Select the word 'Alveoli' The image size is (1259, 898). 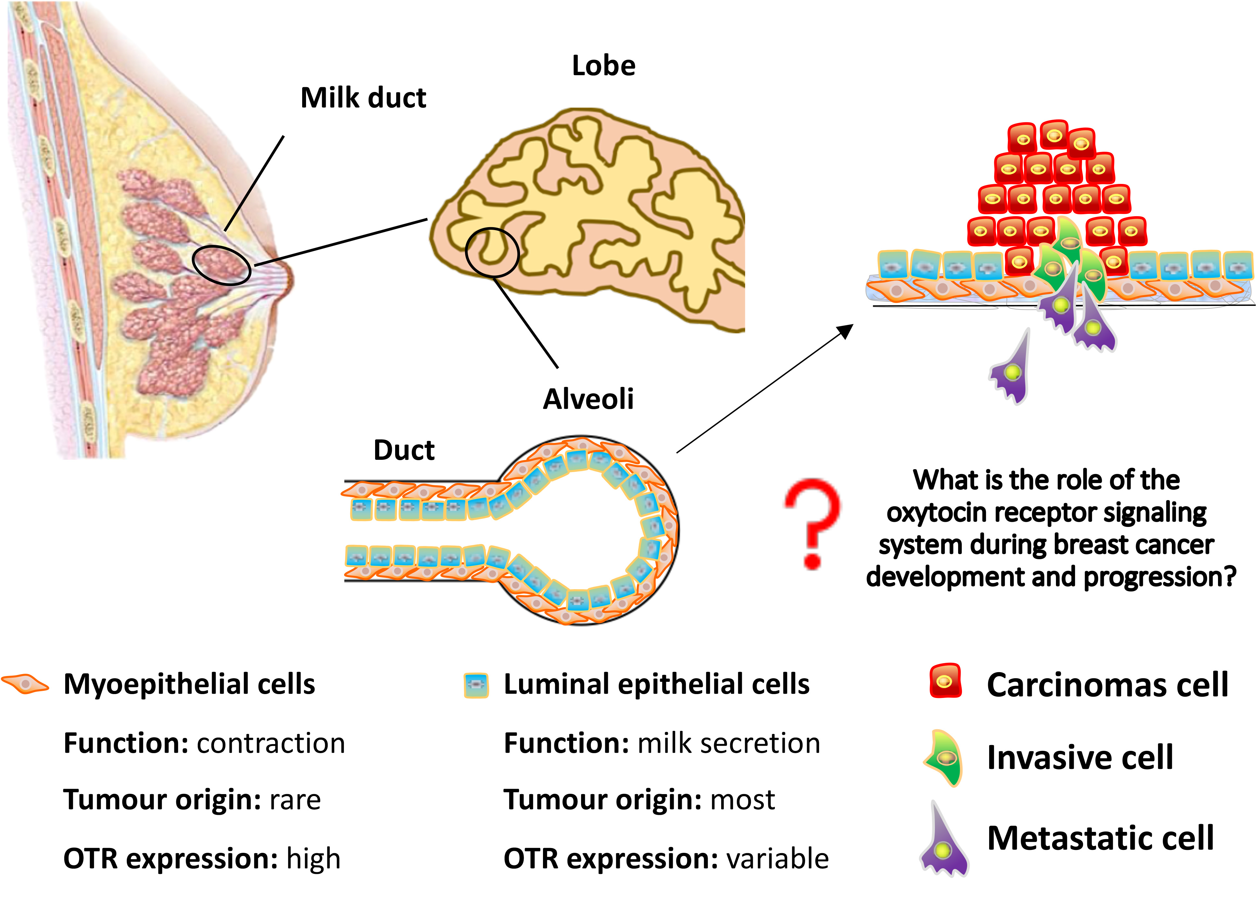588,399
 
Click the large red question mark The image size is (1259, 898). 812,522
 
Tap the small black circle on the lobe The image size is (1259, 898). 492,252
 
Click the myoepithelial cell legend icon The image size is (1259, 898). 25,684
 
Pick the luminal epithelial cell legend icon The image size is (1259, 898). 476,685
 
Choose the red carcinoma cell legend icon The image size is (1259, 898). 945,681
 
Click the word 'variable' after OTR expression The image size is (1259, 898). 777,859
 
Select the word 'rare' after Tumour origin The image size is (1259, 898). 295,800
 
